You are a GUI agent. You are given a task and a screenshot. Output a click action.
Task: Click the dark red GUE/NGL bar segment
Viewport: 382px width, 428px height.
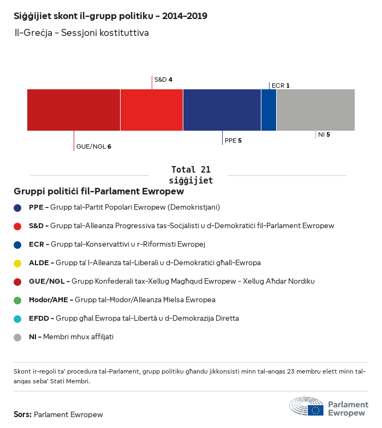(x=74, y=110)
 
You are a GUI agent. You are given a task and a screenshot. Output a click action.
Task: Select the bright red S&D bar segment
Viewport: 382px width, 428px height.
(x=152, y=110)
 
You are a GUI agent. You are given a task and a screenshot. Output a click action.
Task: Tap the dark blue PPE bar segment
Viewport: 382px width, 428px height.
(x=222, y=110)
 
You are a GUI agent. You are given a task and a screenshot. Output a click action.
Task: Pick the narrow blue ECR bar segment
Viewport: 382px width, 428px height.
(x=268, y=110)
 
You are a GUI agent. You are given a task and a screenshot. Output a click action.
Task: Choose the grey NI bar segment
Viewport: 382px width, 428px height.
(x=315, y=110)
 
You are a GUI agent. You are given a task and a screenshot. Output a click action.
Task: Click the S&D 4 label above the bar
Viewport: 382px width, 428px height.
(x=163, y=80)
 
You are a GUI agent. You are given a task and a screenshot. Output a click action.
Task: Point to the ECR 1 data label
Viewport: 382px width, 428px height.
(x=280, y=85)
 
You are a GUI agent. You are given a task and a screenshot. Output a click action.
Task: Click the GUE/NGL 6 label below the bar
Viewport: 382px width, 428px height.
(x=94, y=146)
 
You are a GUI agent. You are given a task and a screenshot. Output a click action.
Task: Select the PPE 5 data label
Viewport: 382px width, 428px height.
(x=233, y=140)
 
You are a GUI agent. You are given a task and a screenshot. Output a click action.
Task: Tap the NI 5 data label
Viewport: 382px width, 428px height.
(x=324, y=134)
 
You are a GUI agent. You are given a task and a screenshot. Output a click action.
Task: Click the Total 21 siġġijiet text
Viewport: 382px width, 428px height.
(x=190, y=175)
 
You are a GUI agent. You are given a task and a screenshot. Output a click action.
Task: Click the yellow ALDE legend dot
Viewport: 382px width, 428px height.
(x=17, y=263)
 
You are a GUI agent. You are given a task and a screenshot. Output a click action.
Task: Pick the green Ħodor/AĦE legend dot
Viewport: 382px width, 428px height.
(x=17, y=300)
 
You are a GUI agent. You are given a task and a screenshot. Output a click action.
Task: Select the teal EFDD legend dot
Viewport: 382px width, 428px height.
(x=17, y=319)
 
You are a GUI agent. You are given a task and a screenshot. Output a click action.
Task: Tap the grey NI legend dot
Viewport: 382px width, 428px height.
(x=17, y=337)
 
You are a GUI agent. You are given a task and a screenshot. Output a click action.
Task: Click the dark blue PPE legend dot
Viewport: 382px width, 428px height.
(x=17, y=207)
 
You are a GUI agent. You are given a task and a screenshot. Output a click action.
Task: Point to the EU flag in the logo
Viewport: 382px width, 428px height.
(x=315, y=410)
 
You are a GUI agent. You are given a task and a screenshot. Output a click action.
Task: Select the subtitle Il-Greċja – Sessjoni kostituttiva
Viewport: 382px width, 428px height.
(x=82, y=33)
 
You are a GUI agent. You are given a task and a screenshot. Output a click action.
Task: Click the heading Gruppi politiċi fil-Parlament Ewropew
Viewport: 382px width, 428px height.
(x=99, y=192)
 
